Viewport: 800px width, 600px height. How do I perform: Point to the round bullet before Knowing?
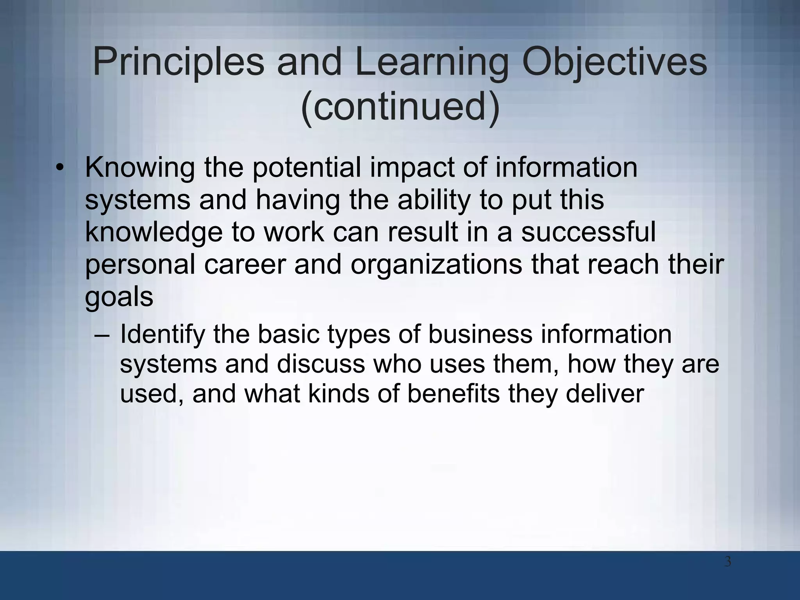pyautogui.click(x=59, y=168)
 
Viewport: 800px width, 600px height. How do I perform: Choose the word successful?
pyautogui.click(x=588, y=232)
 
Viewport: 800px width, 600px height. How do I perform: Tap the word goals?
pyautogui.click(x=119, y=298)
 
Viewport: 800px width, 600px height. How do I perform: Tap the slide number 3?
pyautogui.click(x=728, y=562)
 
